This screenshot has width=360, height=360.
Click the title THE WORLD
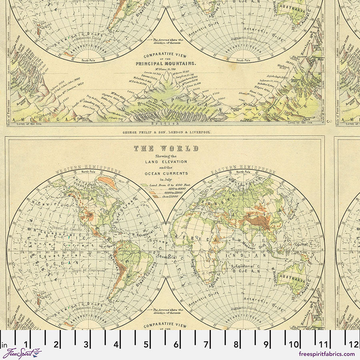tap(166, 148)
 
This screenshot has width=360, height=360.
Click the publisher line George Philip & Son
tap(166, 131)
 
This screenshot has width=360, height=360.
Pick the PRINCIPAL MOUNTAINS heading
tap(166, 63)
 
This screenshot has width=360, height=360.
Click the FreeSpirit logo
tap(22, 354)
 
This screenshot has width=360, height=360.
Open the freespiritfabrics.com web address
tap(326, 354)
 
